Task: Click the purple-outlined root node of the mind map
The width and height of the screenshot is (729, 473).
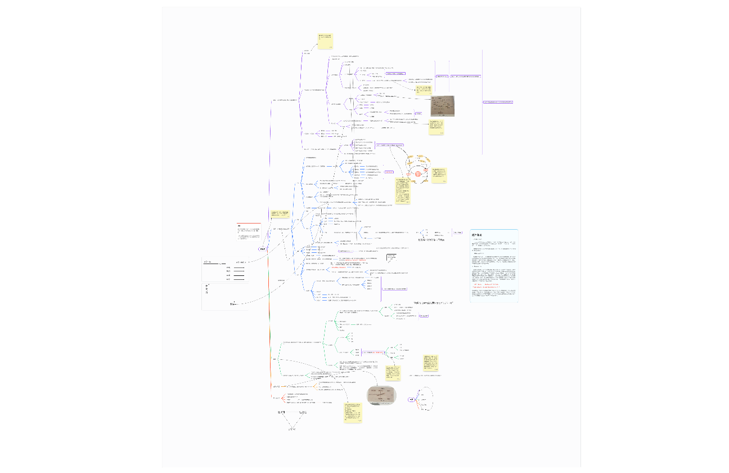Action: pos(263,249)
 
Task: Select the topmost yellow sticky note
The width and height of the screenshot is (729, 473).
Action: pos(326,41)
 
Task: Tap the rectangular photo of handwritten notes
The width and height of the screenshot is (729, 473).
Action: pos(443,106)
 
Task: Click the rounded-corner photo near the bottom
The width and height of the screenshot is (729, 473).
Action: pos(382,395)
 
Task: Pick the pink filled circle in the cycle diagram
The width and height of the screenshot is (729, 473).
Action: pos(418,175)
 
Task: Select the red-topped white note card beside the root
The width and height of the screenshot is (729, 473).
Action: pos(248,233)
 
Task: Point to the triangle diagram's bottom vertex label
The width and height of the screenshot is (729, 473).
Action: pos(291,430)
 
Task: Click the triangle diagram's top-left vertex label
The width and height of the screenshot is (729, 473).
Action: pos(281,412)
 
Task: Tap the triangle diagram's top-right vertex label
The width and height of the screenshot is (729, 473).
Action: pos(303,412)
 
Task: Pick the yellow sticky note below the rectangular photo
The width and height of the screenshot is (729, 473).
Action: pos(436,127)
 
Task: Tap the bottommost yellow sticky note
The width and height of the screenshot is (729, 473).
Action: pos(353,412)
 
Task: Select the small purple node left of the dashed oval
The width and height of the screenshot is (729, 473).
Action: pos(411,399)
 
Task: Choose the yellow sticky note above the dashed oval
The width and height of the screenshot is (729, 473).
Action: pos(432,363)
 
